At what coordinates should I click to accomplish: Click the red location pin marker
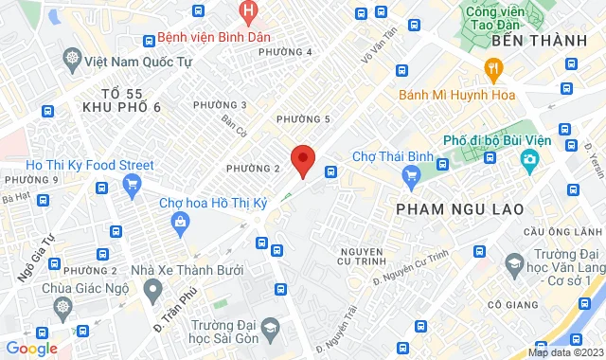coord(302,160)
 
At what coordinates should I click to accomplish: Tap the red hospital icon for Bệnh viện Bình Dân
coord(248,13)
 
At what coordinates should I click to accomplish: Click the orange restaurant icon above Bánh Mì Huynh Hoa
coord(492,67)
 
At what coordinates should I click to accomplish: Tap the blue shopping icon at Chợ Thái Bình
coord(410,175)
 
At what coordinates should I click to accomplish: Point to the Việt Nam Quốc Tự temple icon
coord(73,59)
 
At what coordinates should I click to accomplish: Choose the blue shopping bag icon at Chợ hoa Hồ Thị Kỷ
coord(181,220)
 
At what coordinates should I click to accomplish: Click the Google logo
coord(31,349)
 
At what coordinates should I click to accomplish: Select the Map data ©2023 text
coord(564,352)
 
